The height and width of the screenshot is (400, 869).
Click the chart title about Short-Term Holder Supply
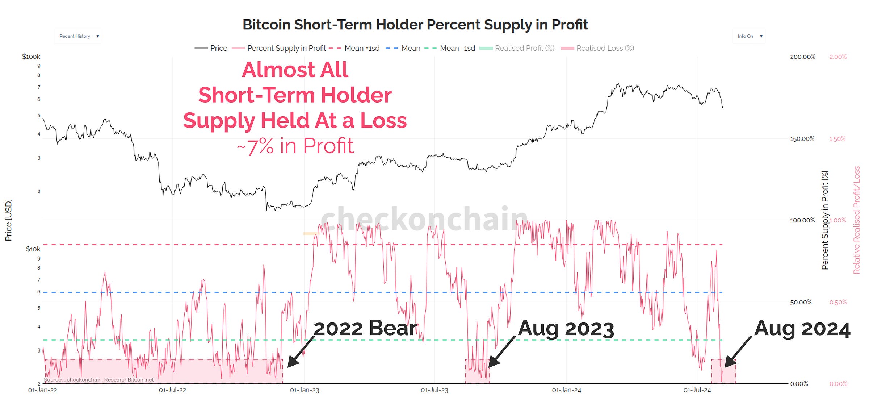tap(415, 25)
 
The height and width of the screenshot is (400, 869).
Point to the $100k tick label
tap(31, 57)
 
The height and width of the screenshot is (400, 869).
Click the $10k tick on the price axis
tap(33, 249)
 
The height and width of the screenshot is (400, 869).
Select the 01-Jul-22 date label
tap(172, 390)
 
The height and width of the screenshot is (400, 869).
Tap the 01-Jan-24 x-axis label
tap(566, 390)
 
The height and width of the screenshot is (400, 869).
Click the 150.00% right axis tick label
tap(802, 139)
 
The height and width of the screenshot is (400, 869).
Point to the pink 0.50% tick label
tap(838, 302)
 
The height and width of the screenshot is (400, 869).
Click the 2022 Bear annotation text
tap(365, 328)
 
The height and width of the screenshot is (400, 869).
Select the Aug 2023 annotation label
tap(566, 329)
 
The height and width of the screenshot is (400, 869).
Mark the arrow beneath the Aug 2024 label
tap(738, 351)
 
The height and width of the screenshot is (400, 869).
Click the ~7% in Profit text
tap(295, 146)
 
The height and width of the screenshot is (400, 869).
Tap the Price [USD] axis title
tap(8, 220)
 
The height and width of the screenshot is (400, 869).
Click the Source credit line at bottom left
tap(98, 380)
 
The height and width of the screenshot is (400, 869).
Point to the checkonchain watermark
tap(424, 219)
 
